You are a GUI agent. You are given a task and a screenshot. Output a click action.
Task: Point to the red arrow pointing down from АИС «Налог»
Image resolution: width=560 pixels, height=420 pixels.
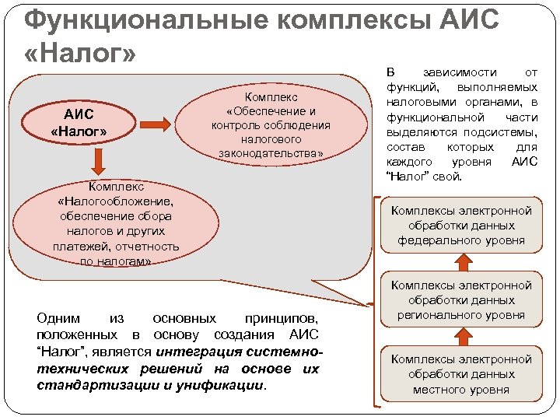(99, 160)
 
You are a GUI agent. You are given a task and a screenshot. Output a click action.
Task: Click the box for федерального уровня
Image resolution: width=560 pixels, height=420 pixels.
(461, 226)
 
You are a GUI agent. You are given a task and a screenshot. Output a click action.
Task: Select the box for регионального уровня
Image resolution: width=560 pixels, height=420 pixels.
(461, 301)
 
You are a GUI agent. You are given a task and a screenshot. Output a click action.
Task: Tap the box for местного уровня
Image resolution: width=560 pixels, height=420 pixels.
(461, 374)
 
